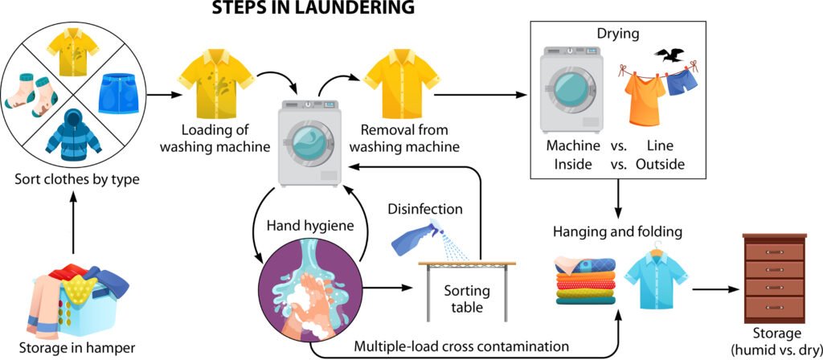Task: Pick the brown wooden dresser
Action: (x=775, y=276)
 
